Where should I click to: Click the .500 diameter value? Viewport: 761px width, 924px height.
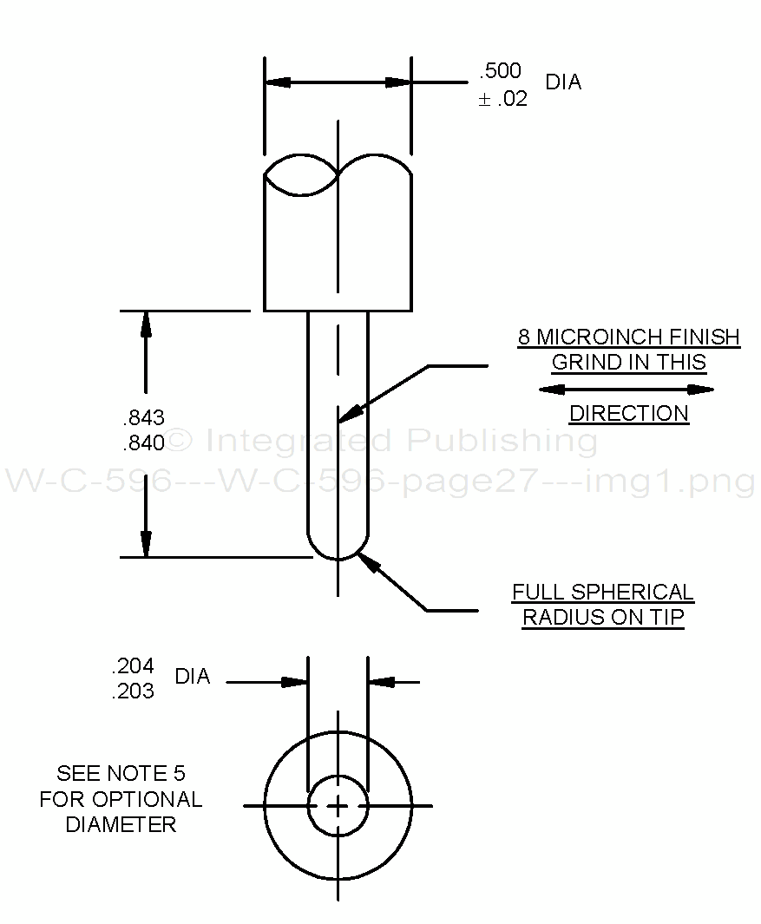click(x=500, y=71)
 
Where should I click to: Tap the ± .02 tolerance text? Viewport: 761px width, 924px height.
click(x=502, y=99)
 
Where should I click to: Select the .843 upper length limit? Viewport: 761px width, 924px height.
click(x=144, y=417)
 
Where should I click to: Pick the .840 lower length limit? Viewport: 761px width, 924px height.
click(x=144, y=443)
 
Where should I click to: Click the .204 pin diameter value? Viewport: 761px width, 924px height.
click(x=133, y=666)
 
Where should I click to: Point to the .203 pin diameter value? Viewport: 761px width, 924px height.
click(x=133, y=691)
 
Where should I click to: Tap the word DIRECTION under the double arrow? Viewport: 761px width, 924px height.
click(x=629, y=414)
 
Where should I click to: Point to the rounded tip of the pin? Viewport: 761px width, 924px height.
click(x=338, y=552)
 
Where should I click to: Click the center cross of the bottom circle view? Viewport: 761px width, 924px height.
click(x=338, y=806)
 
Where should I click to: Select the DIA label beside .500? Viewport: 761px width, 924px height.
click(x=563, y=82)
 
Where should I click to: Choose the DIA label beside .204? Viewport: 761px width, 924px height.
click(x=193, y=677)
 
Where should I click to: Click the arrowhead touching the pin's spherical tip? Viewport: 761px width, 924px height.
click(x=368, y=561)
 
